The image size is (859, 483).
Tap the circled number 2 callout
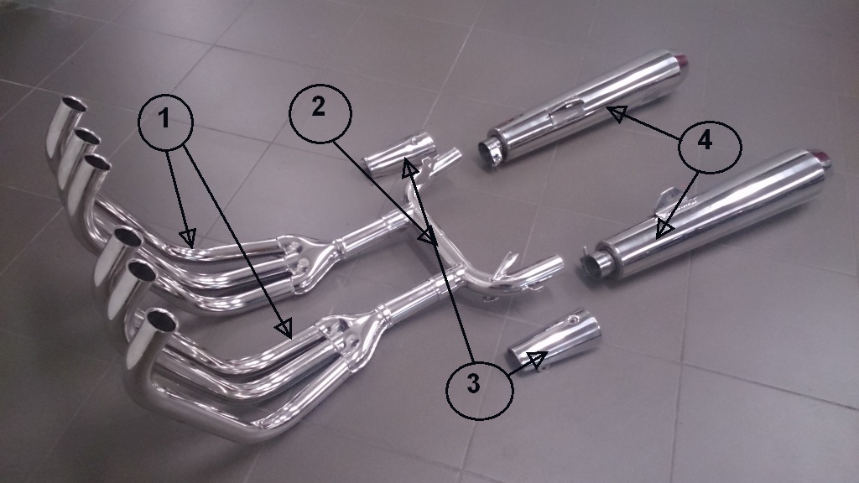click(320, 114)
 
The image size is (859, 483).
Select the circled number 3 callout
click(480, 386)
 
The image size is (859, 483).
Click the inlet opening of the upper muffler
click(488, 152)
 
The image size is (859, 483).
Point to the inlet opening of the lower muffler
click(592, 266)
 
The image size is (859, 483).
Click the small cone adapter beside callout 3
click(554, 340)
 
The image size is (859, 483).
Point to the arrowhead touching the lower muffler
click(664, 228)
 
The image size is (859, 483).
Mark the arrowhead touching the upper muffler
click(616, 113)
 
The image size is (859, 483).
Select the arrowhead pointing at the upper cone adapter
click(409, 168)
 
